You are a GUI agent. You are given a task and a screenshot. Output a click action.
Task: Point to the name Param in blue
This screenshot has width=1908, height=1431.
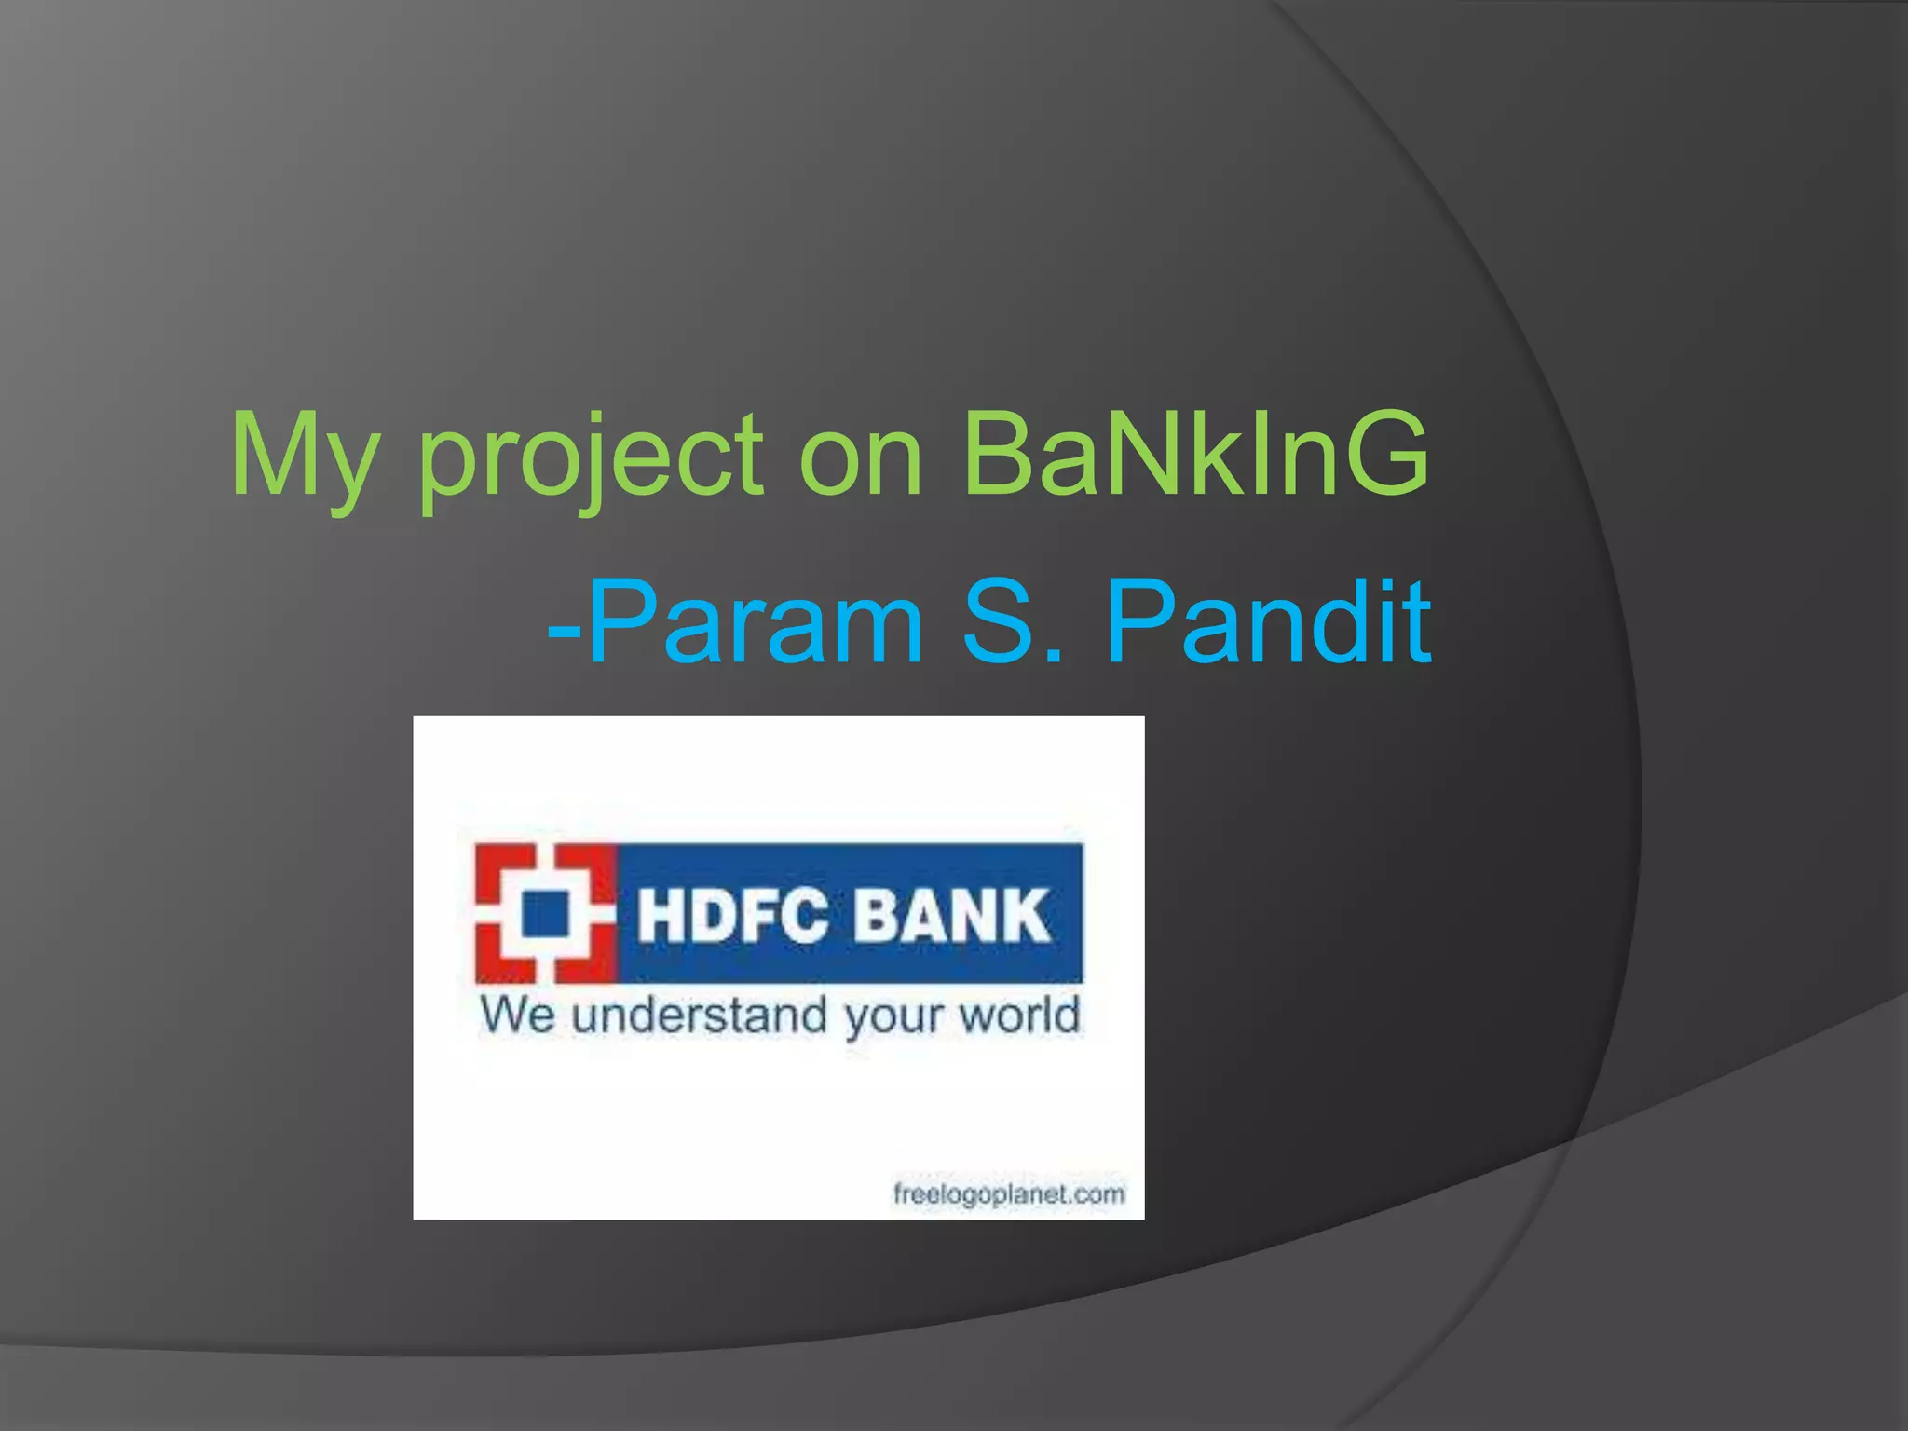(755, 621)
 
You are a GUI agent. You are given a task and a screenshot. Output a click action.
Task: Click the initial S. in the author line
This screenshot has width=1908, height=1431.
(1012, 621)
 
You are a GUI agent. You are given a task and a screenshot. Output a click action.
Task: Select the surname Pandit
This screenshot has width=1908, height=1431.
(1268, 621)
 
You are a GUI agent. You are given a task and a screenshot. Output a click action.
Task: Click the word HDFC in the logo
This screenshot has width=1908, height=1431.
(732, 915)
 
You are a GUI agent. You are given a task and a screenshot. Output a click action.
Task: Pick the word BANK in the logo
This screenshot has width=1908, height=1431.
(952, 915)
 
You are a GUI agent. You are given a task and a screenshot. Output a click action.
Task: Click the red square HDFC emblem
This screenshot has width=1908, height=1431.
(545, 913)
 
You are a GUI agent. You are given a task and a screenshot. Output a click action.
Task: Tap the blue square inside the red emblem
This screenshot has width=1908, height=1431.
(545, 913)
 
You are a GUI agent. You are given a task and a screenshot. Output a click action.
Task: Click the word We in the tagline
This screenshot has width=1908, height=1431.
(517, 1015)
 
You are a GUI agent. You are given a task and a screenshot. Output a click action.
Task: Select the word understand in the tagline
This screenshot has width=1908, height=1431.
(699, 1015)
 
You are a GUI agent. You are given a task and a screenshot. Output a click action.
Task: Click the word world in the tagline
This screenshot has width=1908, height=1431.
(1020, 1015)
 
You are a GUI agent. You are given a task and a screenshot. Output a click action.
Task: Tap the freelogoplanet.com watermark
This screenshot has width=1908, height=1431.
(1009, 1193)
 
